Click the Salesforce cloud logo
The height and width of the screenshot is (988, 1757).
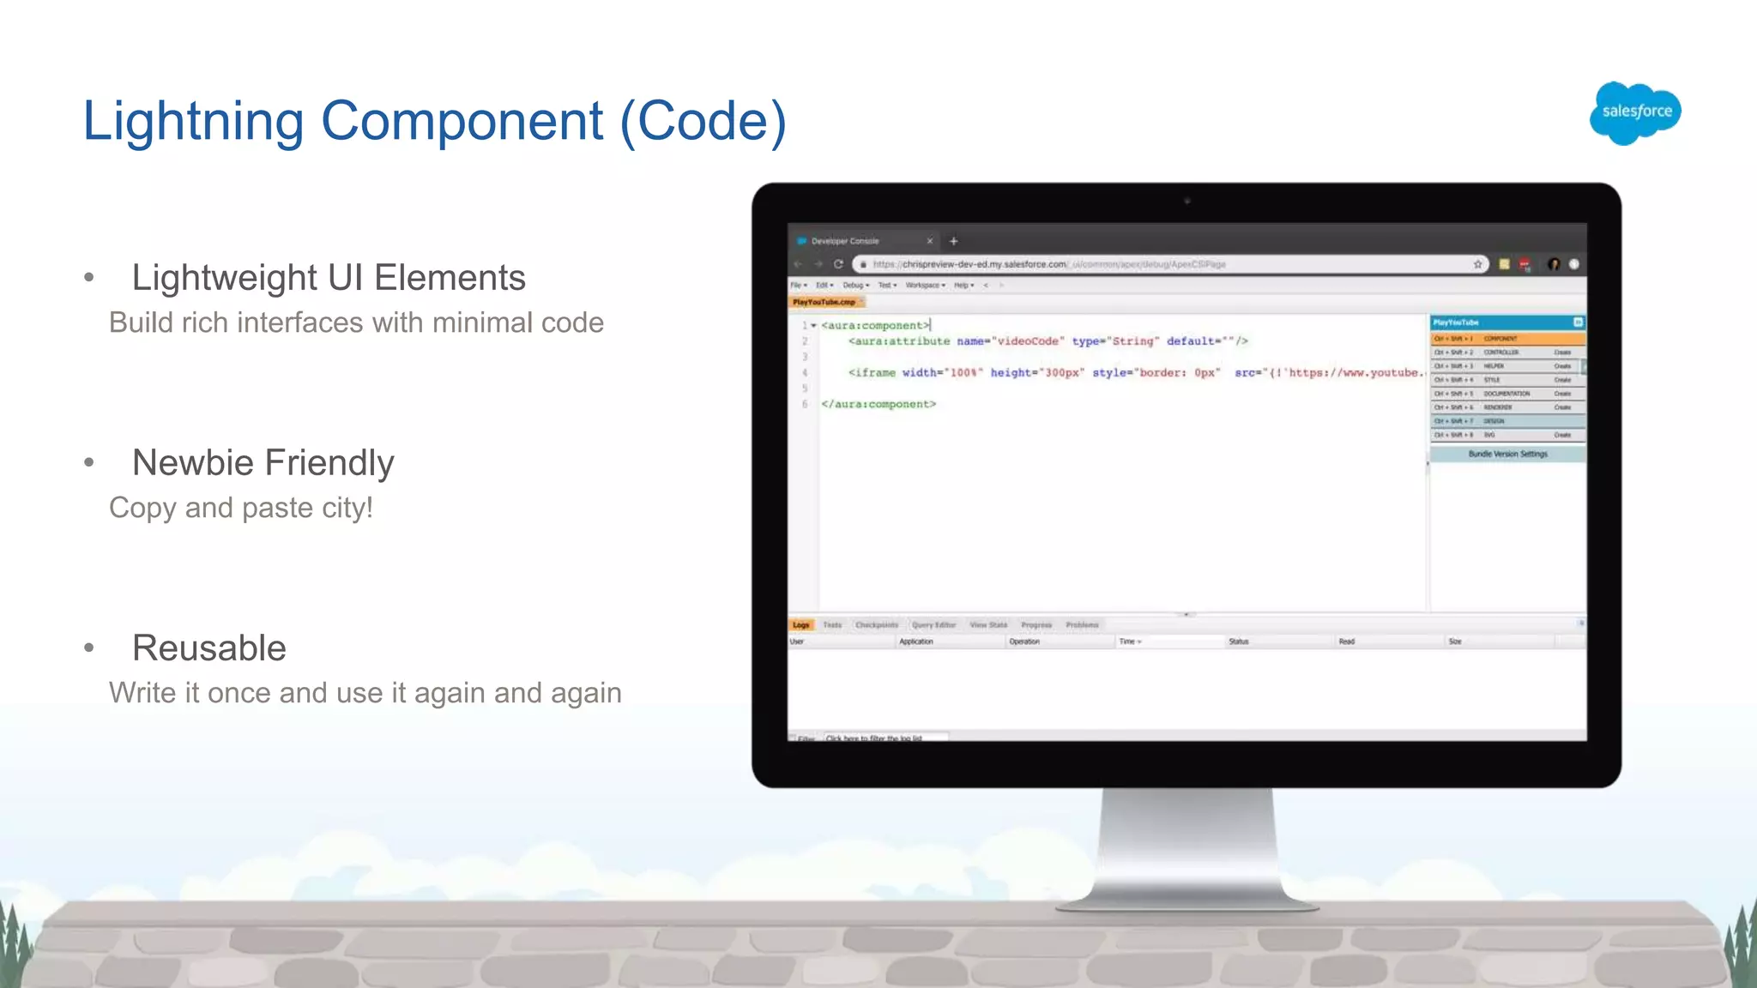click(x=1635, y=112)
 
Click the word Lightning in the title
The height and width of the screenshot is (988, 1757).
click(x=193, y=121)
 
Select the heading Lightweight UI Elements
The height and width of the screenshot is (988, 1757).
click(x=328, y=278)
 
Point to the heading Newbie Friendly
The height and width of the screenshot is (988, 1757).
click(x=263, y=463)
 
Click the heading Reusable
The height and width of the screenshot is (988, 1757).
click(x=208, y=648)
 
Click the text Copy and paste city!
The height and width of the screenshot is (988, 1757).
click(x=241, y=508)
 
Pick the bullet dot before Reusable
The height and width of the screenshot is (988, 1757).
click(x=89, y=648)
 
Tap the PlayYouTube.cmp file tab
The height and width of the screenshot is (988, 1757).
click(x=824, y=302)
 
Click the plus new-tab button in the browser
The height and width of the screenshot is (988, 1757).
click(x=953, y=241)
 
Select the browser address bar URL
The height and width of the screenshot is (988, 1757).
click(x=1047, y=264)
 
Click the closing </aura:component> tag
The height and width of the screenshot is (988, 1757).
click(x=878, y=404)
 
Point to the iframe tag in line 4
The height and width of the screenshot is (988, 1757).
click(x=872, y=372)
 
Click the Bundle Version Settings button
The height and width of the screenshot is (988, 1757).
click(x=1507, y=454)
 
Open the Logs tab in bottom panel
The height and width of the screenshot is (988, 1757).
click(x=800, y=624)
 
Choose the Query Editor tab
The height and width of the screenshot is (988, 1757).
click(x=933, y=624)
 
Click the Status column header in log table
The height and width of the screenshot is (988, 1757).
click(x=1238, y=642)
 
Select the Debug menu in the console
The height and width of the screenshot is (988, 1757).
click(x=854, y=285)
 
